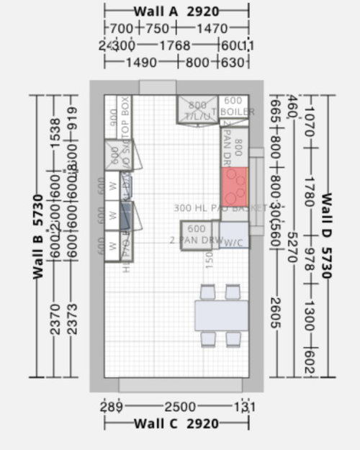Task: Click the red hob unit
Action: click(234, 186)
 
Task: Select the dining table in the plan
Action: click(221, 315)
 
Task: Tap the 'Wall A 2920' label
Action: click(176, 12)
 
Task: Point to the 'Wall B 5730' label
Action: click(37, 235)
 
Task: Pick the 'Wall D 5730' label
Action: click(325, 235)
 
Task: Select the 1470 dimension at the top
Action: click(213, 29)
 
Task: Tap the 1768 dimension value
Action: click(175, 45)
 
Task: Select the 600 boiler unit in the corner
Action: click(233, 107)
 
